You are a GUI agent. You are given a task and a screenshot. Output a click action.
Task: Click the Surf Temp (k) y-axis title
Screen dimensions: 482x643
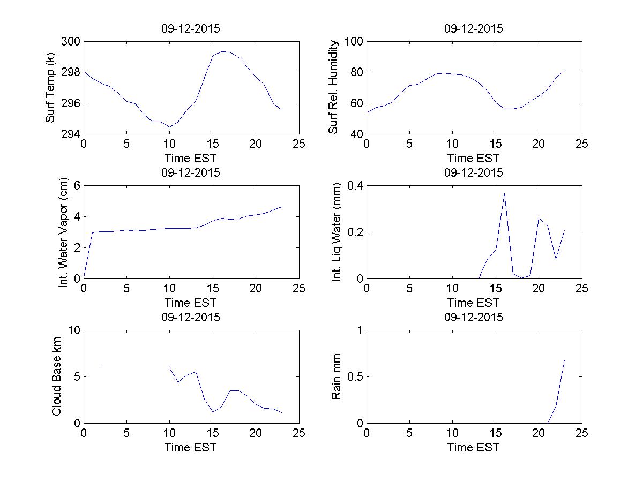(x=51, y=88)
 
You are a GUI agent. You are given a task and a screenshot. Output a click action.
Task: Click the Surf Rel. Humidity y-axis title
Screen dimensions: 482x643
(x=334, y=87)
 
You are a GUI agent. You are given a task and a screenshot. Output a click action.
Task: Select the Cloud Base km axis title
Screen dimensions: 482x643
(x=56, y=376)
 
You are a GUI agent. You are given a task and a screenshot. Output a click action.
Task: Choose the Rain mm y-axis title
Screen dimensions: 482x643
(x=337, y=376)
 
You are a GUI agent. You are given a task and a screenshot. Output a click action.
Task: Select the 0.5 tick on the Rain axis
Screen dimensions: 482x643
(x=354, y=377)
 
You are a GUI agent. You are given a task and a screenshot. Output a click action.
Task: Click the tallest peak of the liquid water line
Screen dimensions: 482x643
(x=504, y=193)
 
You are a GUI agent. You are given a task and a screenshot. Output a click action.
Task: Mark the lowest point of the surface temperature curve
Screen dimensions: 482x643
(x=169, y=127)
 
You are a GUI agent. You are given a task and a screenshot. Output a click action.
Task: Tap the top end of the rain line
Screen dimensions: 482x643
(x=565, y=360)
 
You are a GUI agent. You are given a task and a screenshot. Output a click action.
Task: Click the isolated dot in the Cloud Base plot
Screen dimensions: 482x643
(x=101, y=365)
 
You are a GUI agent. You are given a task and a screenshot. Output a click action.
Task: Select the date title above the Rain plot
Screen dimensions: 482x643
(x=474, y=318)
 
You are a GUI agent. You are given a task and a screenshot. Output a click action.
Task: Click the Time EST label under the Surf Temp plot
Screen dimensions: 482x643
(x=191, y=158)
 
